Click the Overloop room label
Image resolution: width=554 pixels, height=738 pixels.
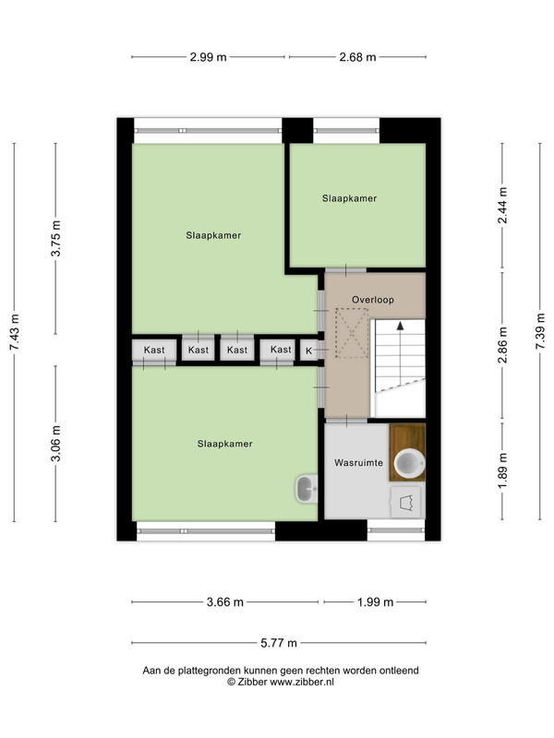373,299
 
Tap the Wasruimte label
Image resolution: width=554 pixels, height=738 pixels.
358,463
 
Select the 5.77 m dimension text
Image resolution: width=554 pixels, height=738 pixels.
279,643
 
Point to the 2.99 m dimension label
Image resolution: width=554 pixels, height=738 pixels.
209,57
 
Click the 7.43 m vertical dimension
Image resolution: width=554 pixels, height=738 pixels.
15,332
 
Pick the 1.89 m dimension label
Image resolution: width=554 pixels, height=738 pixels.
502,470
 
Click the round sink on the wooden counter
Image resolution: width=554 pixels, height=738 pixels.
409,463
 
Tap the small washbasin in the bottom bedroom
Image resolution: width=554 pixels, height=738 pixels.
307,489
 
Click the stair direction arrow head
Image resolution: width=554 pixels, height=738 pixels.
401,325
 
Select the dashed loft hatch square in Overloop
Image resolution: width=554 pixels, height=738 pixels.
352,333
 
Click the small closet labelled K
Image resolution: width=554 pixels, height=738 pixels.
309,351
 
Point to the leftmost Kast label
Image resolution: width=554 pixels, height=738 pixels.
154,350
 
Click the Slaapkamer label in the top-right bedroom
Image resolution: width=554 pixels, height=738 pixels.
350,198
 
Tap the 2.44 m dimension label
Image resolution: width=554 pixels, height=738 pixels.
502,206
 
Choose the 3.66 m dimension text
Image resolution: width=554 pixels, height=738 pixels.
225,602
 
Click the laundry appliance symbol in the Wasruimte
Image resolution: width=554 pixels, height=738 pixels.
406,503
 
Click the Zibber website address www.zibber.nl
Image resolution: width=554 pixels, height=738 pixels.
302,682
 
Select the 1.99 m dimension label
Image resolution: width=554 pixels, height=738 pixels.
375,602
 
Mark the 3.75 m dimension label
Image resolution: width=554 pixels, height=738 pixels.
56,238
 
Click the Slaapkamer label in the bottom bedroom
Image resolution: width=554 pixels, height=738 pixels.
224,444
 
